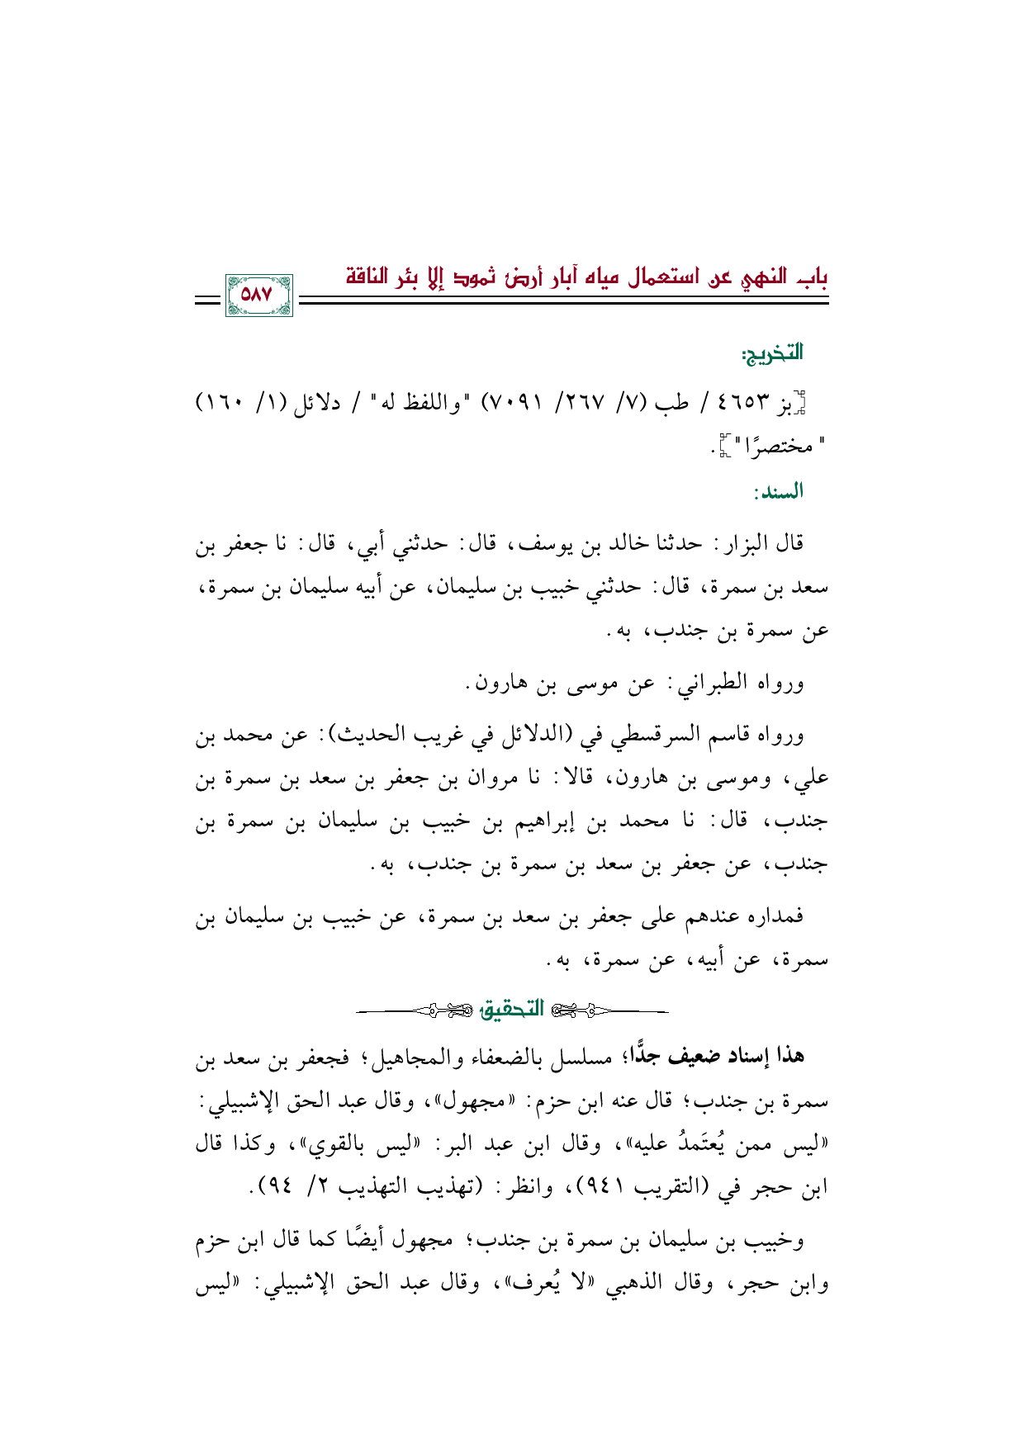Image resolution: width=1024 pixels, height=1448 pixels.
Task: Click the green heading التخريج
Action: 772,354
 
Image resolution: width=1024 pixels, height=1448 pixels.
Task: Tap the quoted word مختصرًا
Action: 776,447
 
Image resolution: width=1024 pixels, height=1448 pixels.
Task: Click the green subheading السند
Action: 778,493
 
